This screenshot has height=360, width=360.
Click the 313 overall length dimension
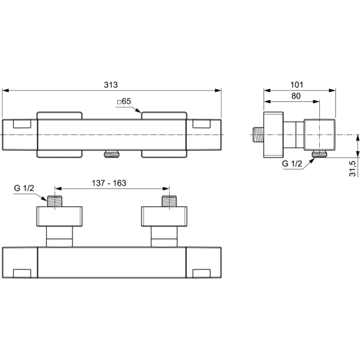(x=110, y=85)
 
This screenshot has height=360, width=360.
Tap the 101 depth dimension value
(x=296, y=85)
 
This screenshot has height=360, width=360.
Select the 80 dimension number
(x=296, y=96)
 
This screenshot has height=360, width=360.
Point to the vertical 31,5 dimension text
(x=353, y=169)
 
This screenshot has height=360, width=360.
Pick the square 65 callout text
(x=124, y=101)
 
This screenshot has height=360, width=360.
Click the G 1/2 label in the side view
(x=292, y=163)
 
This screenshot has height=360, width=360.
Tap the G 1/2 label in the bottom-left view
(x=24, y=188)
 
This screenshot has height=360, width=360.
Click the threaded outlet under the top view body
(x=112, y=154)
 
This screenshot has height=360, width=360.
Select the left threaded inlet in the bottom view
(x=55, y=201)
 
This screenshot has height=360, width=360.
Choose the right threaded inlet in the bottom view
(x=169, y=201)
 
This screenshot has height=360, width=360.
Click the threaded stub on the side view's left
(x=258, y=134)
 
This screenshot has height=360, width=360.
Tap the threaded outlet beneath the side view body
(x=319, y=154)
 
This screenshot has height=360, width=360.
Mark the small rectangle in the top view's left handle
(x=22, y=124)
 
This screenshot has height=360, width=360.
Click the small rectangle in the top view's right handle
(x=202, y=124)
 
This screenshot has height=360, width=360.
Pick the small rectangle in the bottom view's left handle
(x=22, y=274)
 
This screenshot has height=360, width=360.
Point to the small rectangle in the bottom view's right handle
(x=202, y=274)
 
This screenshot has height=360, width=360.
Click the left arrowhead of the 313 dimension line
(x=5, y=90)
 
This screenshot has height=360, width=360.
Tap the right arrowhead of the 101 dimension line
(x=332, y=90)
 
